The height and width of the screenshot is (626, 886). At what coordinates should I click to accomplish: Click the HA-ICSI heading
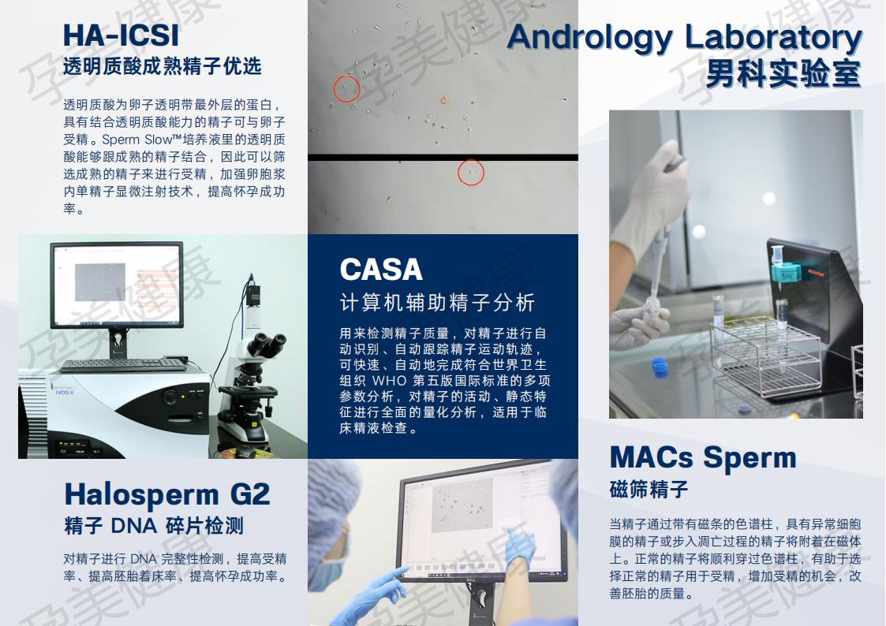tap(121, 35)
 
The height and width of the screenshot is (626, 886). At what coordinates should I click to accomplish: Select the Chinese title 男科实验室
tap(783, 73)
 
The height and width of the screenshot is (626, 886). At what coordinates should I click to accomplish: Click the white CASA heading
tap(381, 270)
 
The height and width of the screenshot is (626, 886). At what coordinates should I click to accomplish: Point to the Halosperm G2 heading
tap(167, 494)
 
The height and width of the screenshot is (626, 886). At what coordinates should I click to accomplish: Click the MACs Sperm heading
tap(703, 457)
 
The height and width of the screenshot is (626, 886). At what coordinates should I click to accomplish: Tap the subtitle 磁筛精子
tap(649, 489)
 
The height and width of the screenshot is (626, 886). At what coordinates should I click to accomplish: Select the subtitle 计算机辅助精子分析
tap(437, 303)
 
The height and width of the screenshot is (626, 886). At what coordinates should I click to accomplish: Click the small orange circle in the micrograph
tap(443, 100)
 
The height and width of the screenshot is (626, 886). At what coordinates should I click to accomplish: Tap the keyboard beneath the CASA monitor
tap(122, 365)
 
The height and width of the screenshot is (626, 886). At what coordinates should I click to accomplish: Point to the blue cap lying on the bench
tap(660, 366)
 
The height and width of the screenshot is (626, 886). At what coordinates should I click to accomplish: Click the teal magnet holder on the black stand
tap(786, 273)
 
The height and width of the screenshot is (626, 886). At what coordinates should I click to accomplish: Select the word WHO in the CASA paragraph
tap(390, 381)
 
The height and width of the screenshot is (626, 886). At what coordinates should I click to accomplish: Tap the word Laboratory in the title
tap(773, 37)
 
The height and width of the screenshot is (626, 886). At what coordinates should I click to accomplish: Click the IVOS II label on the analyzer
tap(64, 392)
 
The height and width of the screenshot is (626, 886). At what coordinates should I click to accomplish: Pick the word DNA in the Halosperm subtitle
tap(134, 526)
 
